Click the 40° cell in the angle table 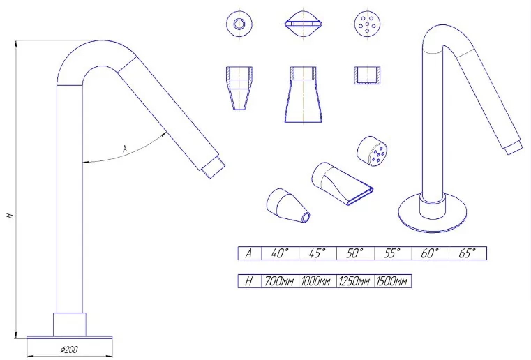(x=280, y=253)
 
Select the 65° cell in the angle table (x=468, y=253)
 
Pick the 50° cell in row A (x=355, y=253)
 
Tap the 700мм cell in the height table (x=280, y=281)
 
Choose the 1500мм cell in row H (x=392, y=281)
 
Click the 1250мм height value (x=355, y=281)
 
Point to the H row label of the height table (x=250, y=281)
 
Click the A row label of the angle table (x=250, y=253)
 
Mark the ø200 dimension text (x=69, y=350)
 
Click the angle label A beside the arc (x=125, y=149)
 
